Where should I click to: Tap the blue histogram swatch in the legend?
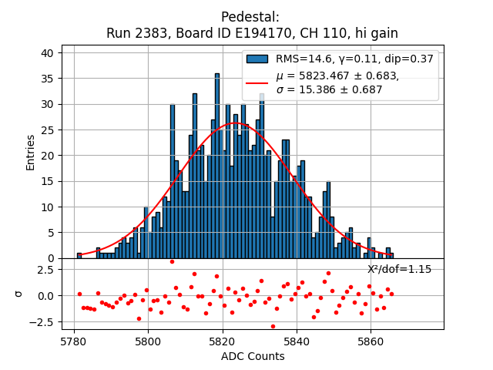pos(257,59)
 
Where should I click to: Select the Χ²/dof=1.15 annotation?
pos(399,269)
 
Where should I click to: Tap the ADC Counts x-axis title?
pos(253,356)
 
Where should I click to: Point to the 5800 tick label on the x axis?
pos(148,340)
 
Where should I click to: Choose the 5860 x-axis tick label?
pos(371,340)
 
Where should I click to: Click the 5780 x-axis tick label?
pos(74,340)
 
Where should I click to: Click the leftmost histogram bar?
pos(79,255)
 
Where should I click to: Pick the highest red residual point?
pos(172,262)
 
